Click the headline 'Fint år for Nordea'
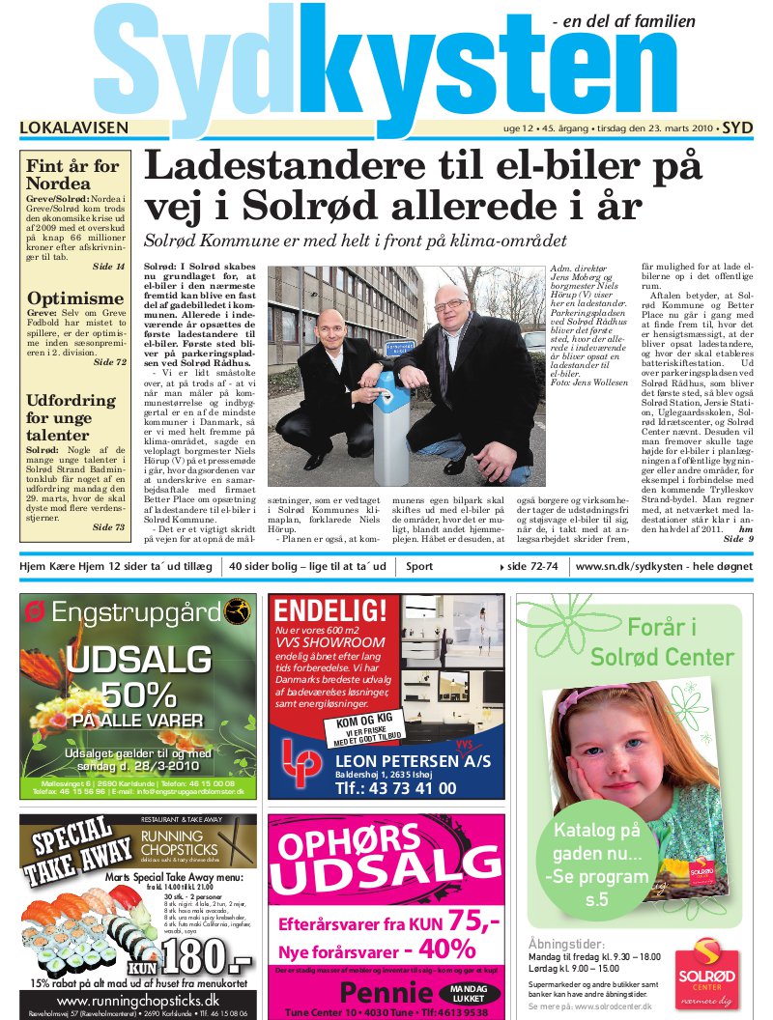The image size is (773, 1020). click(72, 174)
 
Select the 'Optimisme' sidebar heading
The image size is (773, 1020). click(75, 298)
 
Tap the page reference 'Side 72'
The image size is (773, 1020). click(109, 363)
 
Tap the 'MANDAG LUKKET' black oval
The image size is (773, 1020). click(470, 994)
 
